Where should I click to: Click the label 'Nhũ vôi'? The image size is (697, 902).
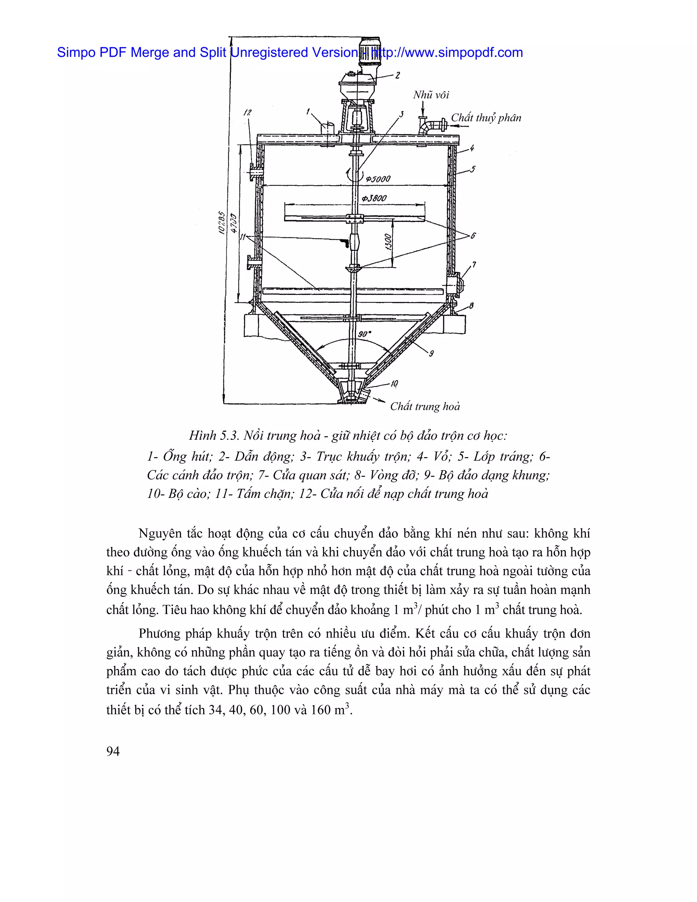(x=431, y=95)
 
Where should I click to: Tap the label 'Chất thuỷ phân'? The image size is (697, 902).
(x=486, y=118)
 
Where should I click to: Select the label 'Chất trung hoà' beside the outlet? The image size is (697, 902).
(x=425, y=407)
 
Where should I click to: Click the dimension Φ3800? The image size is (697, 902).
(x=374, y=198)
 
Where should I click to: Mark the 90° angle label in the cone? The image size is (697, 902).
(x=363, y=334)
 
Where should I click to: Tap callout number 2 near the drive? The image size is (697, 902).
(x=398, y=75)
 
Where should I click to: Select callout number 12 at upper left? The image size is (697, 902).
(x=247, y=112)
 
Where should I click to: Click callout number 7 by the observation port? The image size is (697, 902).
(x=474, y=264)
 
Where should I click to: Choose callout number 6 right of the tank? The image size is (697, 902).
(x=473, y=236)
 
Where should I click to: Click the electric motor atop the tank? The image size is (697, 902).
(x=370, y=54)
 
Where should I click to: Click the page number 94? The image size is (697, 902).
(x=113, y=751)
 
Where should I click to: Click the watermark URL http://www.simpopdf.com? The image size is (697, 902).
(x=447, y=52)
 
